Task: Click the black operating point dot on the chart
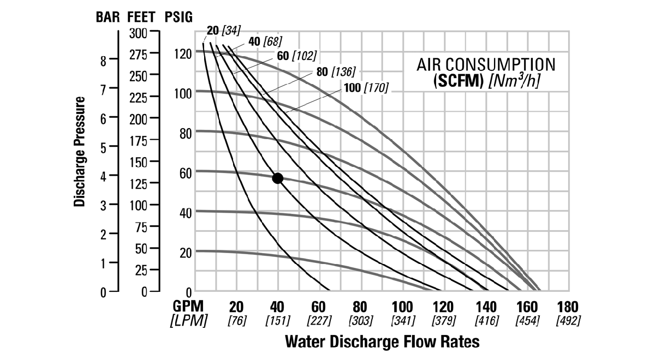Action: click(277, 178)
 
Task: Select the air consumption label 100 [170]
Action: click(366, 88)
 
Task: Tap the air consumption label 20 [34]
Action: click(224, 30)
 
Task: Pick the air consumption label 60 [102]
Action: click(296, 56)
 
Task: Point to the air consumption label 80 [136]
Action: click(336, 71)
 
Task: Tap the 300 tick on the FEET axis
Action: click(139, 33)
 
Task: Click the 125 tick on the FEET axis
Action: click(139, 184)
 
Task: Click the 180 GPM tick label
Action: click(568, 307)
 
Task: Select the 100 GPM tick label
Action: click(402, 307)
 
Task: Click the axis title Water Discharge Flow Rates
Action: click(382, 342)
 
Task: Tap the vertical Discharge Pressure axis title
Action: click(80, 152)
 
